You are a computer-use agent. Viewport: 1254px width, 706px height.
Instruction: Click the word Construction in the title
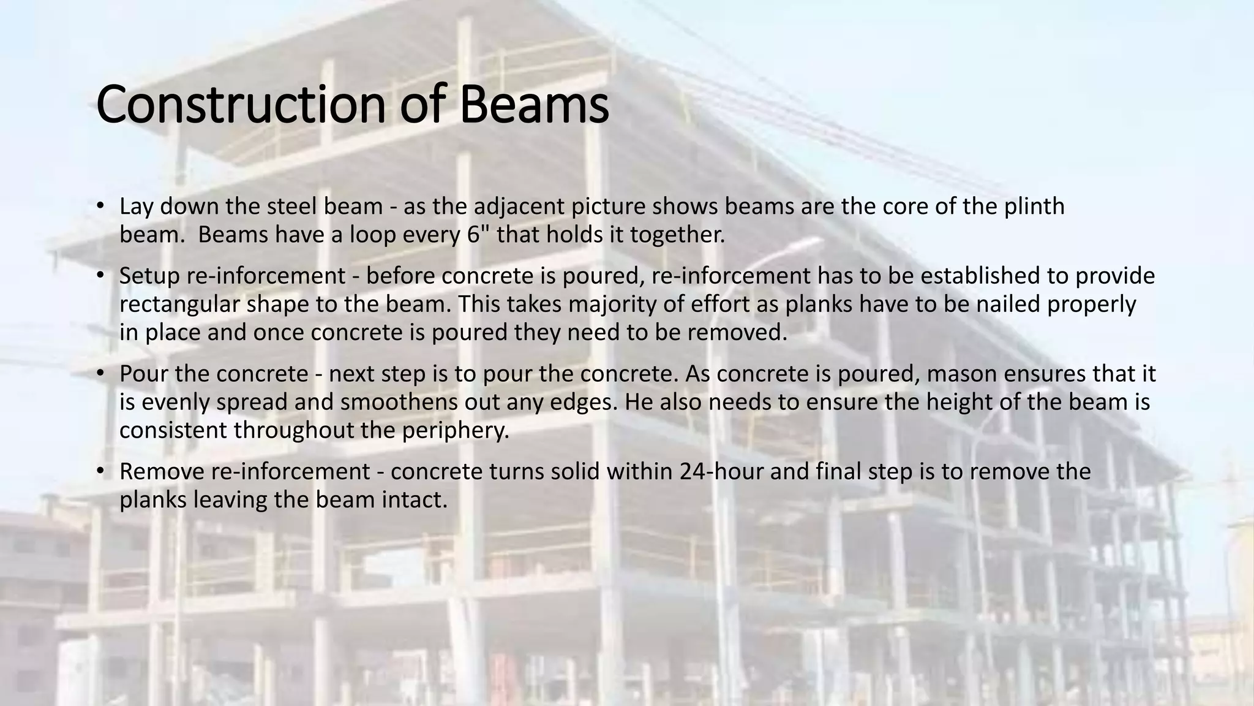(x=241, y=105)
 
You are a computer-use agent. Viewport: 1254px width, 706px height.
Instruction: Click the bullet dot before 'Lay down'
(x=100, y=205)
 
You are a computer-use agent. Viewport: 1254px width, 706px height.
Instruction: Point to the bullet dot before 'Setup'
(x=100, y=275)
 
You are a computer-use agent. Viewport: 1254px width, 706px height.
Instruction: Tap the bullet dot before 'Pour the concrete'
(x=100, y=373)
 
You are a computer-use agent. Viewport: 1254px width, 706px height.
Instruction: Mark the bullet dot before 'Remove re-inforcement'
(x=100, y=471)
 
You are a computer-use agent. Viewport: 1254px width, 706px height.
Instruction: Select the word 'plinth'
(x=1034, y=207)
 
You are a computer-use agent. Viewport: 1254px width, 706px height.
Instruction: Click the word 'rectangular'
(x=183, y=304)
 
